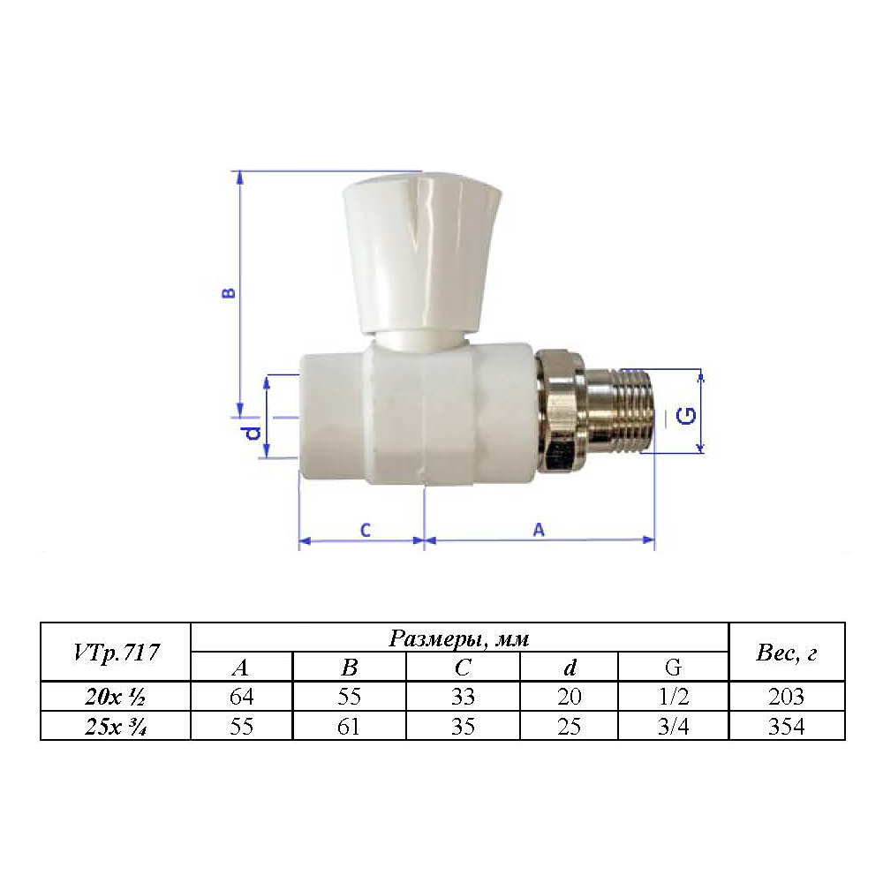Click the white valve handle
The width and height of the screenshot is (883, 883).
(421, 253)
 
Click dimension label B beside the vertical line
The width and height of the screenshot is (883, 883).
(229, 293)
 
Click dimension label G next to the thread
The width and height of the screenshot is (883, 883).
(685, 416)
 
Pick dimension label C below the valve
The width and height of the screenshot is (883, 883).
(366, 530)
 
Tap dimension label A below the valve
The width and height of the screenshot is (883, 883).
(539, 529)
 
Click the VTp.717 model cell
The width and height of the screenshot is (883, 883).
(116, 653)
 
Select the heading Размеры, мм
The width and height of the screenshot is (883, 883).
(459, 638)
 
